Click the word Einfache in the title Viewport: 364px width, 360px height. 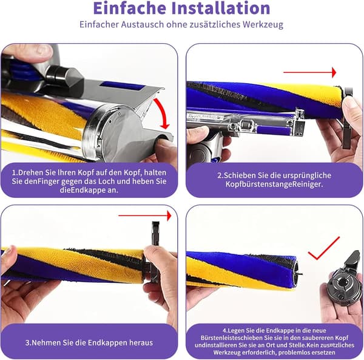[130, 8]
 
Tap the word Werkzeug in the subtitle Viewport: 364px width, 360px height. [263, 24]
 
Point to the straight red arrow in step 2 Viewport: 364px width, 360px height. [310, 72]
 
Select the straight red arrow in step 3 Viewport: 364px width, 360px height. [145, 216]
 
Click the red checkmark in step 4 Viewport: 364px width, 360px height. [323, 248]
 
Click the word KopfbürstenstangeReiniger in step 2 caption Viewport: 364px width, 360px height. [274, 184]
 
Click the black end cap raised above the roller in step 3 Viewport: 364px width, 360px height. [155, 233]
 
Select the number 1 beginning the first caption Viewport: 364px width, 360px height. [14, 173]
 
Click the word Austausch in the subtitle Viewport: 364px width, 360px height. [143, 24]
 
